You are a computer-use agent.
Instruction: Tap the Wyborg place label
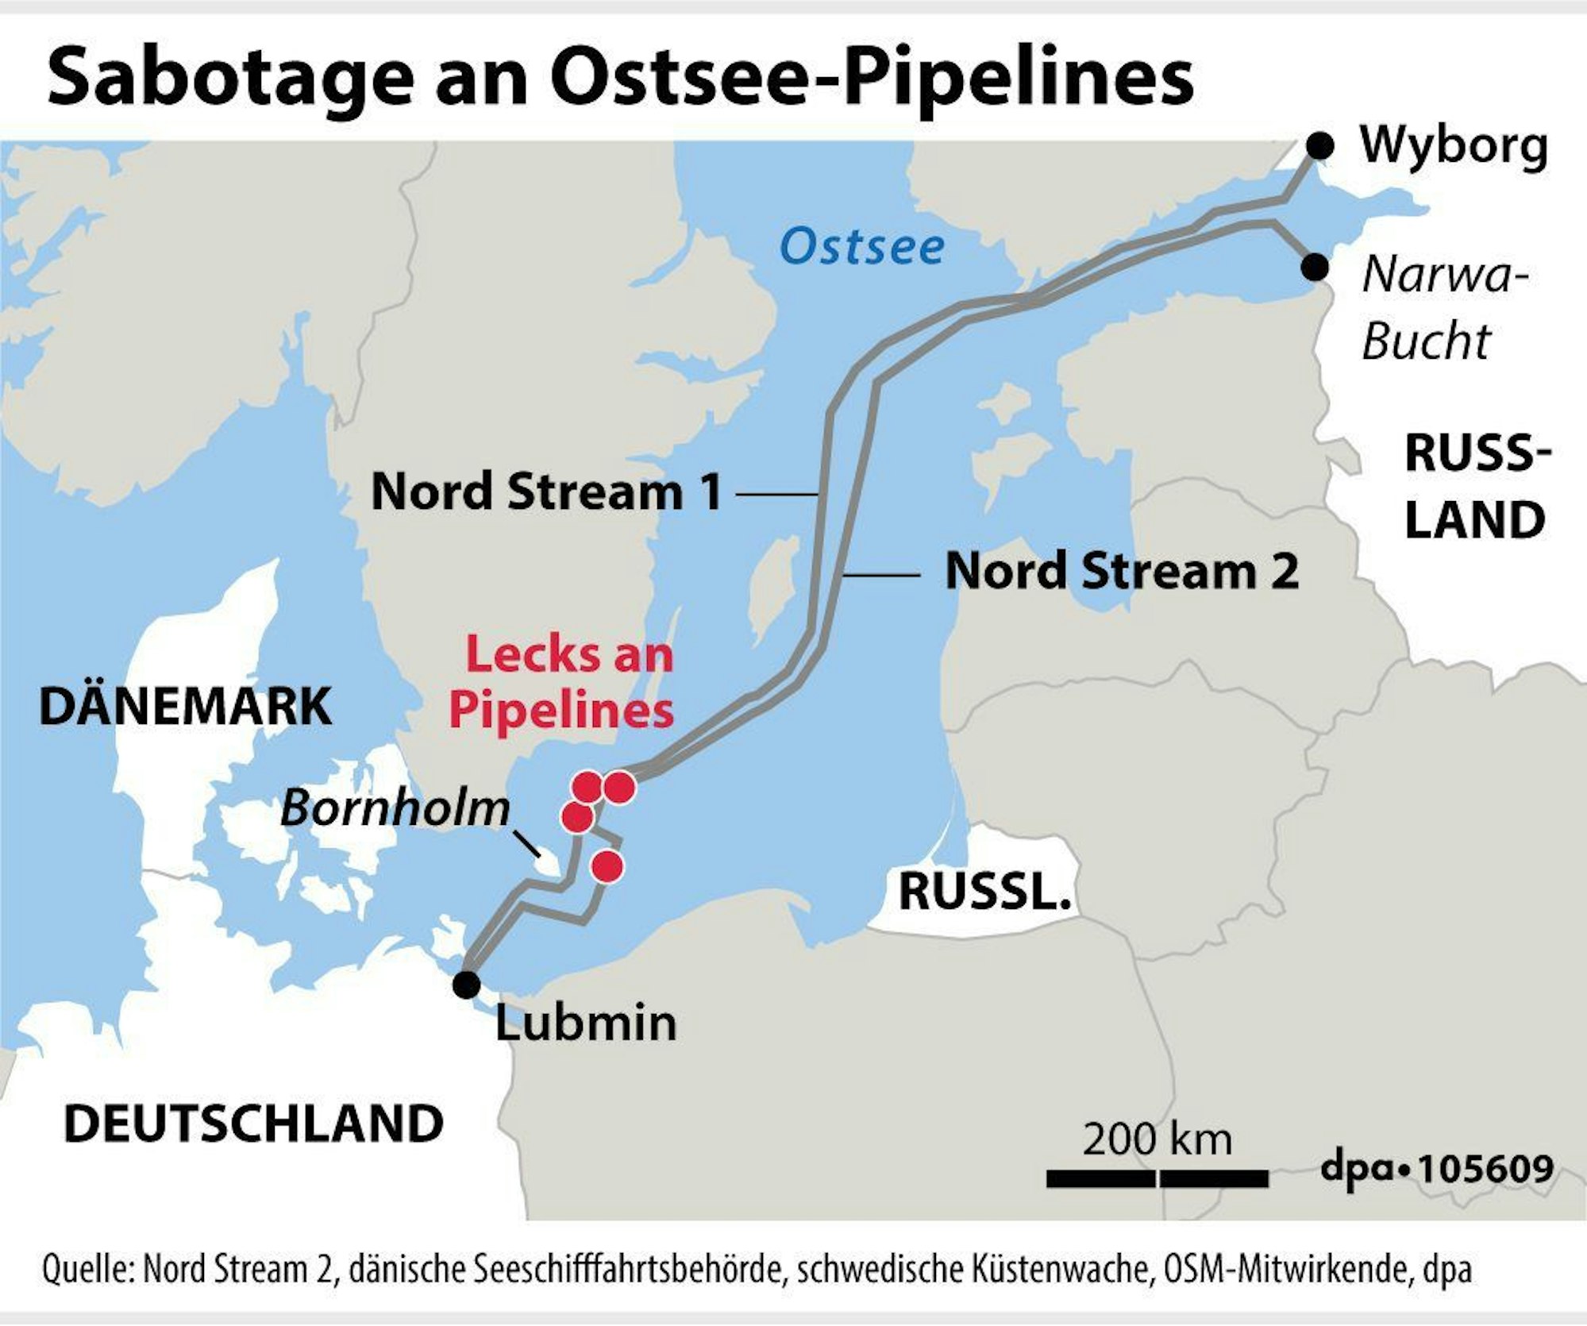(1454, 146)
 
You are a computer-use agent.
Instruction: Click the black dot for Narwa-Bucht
(1315, 267)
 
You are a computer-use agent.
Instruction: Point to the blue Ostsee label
(862, 246)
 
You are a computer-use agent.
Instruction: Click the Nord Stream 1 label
(546, 492)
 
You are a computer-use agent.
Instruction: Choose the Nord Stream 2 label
(1122, 572)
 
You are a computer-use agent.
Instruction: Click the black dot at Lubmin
(466, 984)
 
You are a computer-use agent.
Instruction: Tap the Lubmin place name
(586, 1023)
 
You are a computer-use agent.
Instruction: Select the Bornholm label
(395, 808)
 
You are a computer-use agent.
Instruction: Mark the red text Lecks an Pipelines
(562, 682)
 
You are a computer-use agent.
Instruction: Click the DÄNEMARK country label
(185, 706)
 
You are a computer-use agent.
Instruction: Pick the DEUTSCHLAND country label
(253, 1124)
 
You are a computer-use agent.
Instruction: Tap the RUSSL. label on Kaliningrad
(984, 892)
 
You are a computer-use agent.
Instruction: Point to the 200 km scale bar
(1157, 1178)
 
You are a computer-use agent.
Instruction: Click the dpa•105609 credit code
(1436, 1168)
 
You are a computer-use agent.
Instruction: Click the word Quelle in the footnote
(86, 1269)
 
